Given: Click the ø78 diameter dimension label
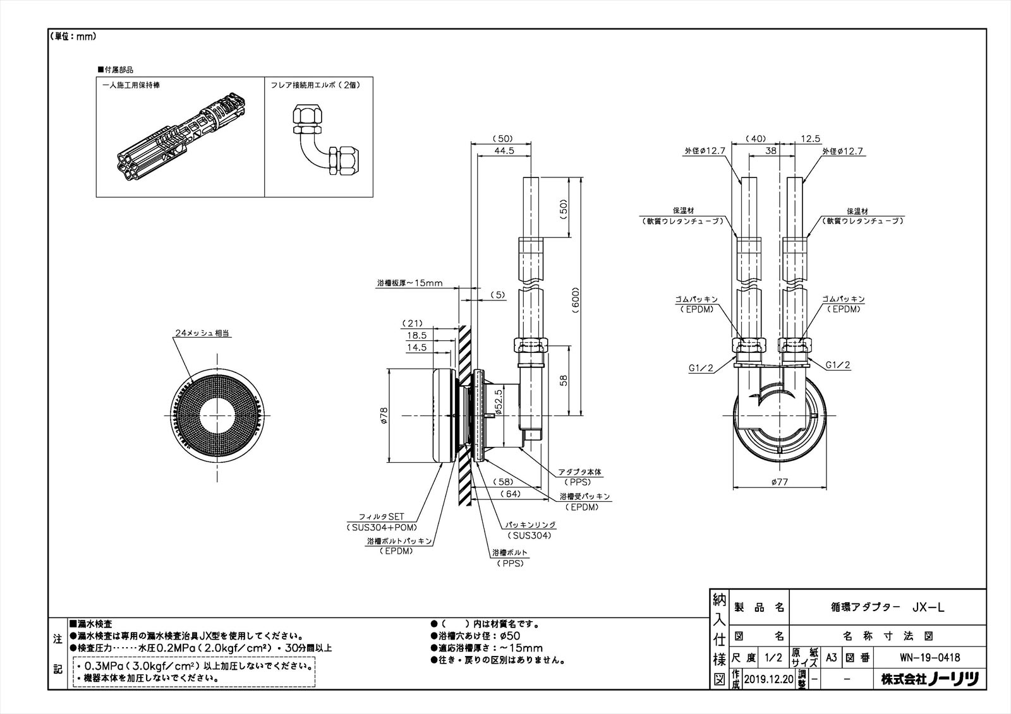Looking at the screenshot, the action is [384, 415].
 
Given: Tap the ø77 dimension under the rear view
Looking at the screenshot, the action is [780, 482].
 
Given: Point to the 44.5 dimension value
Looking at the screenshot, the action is [504, 151].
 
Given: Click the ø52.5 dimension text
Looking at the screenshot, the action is [499, 402].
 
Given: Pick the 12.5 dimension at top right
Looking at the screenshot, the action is [810, 139].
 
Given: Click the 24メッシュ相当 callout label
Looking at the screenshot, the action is [202, 333].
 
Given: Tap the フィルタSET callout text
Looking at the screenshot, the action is [382, 516].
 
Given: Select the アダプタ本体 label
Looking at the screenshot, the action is [580, 472].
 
